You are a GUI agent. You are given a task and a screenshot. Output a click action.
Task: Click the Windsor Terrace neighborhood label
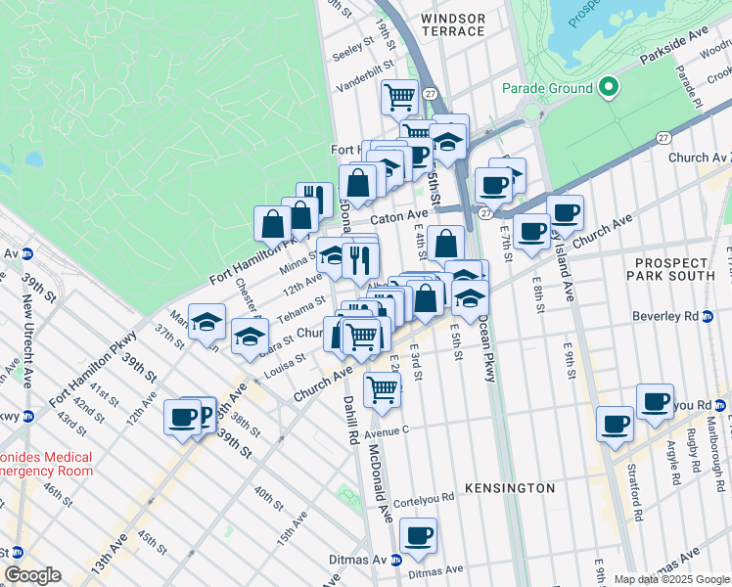click(451, 24)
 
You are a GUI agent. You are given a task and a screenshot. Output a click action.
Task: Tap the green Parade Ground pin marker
click(608, 88)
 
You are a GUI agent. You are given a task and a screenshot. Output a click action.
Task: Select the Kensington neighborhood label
click(510, 487)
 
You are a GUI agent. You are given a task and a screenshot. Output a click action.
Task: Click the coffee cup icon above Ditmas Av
click(418, 535)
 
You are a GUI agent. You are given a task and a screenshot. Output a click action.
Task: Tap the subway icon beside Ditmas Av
click(396, 561)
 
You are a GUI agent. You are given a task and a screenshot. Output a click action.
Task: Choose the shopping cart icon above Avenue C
click(382, 388)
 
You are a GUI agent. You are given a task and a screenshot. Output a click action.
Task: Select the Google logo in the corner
click(32, 575)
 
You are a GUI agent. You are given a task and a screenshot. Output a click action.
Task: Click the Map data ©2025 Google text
click(670, 579)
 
